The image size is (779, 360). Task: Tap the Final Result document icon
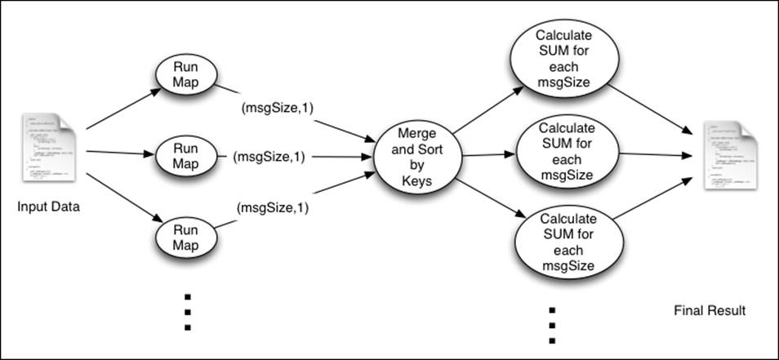pyautogui.click(x=725, y=156)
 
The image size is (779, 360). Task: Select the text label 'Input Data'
pyautogui.click(x=48, y=207)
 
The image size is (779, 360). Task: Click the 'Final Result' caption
pyautogui.click(x=709, y=311)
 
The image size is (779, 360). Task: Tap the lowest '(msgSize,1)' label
pyautogui.click(x=273, y=207)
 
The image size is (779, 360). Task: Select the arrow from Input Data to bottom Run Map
pyautogui.click(x=120, y=195)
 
